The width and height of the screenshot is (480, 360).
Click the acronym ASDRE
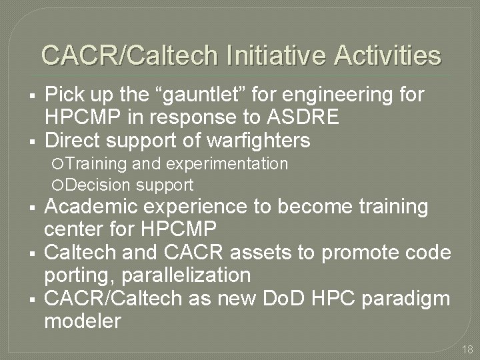pyautogui.click(x=304, y=118)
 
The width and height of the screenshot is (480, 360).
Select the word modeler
pyautogui.click(x=82, y=320)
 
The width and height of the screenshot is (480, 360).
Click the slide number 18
pyautogui.click(x=467, y=349)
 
